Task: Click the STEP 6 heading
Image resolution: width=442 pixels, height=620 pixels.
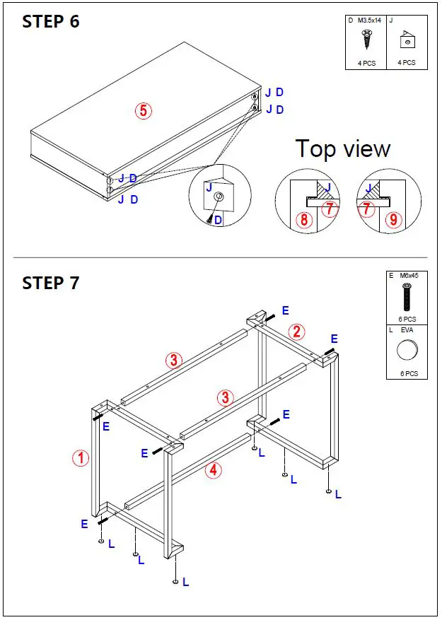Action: click(51, 21)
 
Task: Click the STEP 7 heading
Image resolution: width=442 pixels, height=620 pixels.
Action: click(51, 283)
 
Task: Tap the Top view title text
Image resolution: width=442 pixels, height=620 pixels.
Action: click(343, 149)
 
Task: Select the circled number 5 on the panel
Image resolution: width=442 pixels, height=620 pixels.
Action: click(144, 111)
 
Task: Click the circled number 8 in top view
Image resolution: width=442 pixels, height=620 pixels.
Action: click(304, 220)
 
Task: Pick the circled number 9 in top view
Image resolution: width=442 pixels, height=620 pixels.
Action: click(394, 220)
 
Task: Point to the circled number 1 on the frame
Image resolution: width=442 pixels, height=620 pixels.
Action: click(81, 458)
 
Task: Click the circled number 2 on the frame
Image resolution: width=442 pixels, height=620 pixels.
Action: click(298, 332)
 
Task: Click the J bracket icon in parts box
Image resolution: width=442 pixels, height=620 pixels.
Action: click(406, 40)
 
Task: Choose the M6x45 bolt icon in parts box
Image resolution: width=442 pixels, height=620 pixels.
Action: click(407, 297)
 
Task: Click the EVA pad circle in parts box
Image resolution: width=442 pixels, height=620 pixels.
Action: click(407, 351)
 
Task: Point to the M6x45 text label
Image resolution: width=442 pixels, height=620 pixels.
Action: click(409, 276)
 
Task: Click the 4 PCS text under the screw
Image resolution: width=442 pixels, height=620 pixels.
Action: click(366, 63)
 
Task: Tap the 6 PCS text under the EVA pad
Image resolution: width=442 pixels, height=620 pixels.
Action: click(407, 373)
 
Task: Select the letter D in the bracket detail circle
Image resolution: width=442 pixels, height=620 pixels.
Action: click(218, 221)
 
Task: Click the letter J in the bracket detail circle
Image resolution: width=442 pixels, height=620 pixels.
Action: click(208, 187)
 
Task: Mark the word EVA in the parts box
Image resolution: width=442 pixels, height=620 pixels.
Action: click(407, 329)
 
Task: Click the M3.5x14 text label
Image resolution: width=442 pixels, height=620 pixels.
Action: click(370, 21)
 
